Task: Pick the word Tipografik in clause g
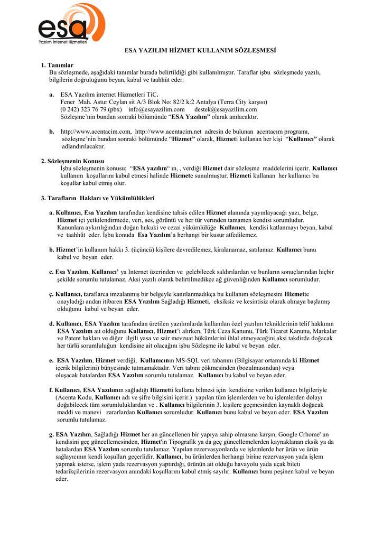pos(179,442)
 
